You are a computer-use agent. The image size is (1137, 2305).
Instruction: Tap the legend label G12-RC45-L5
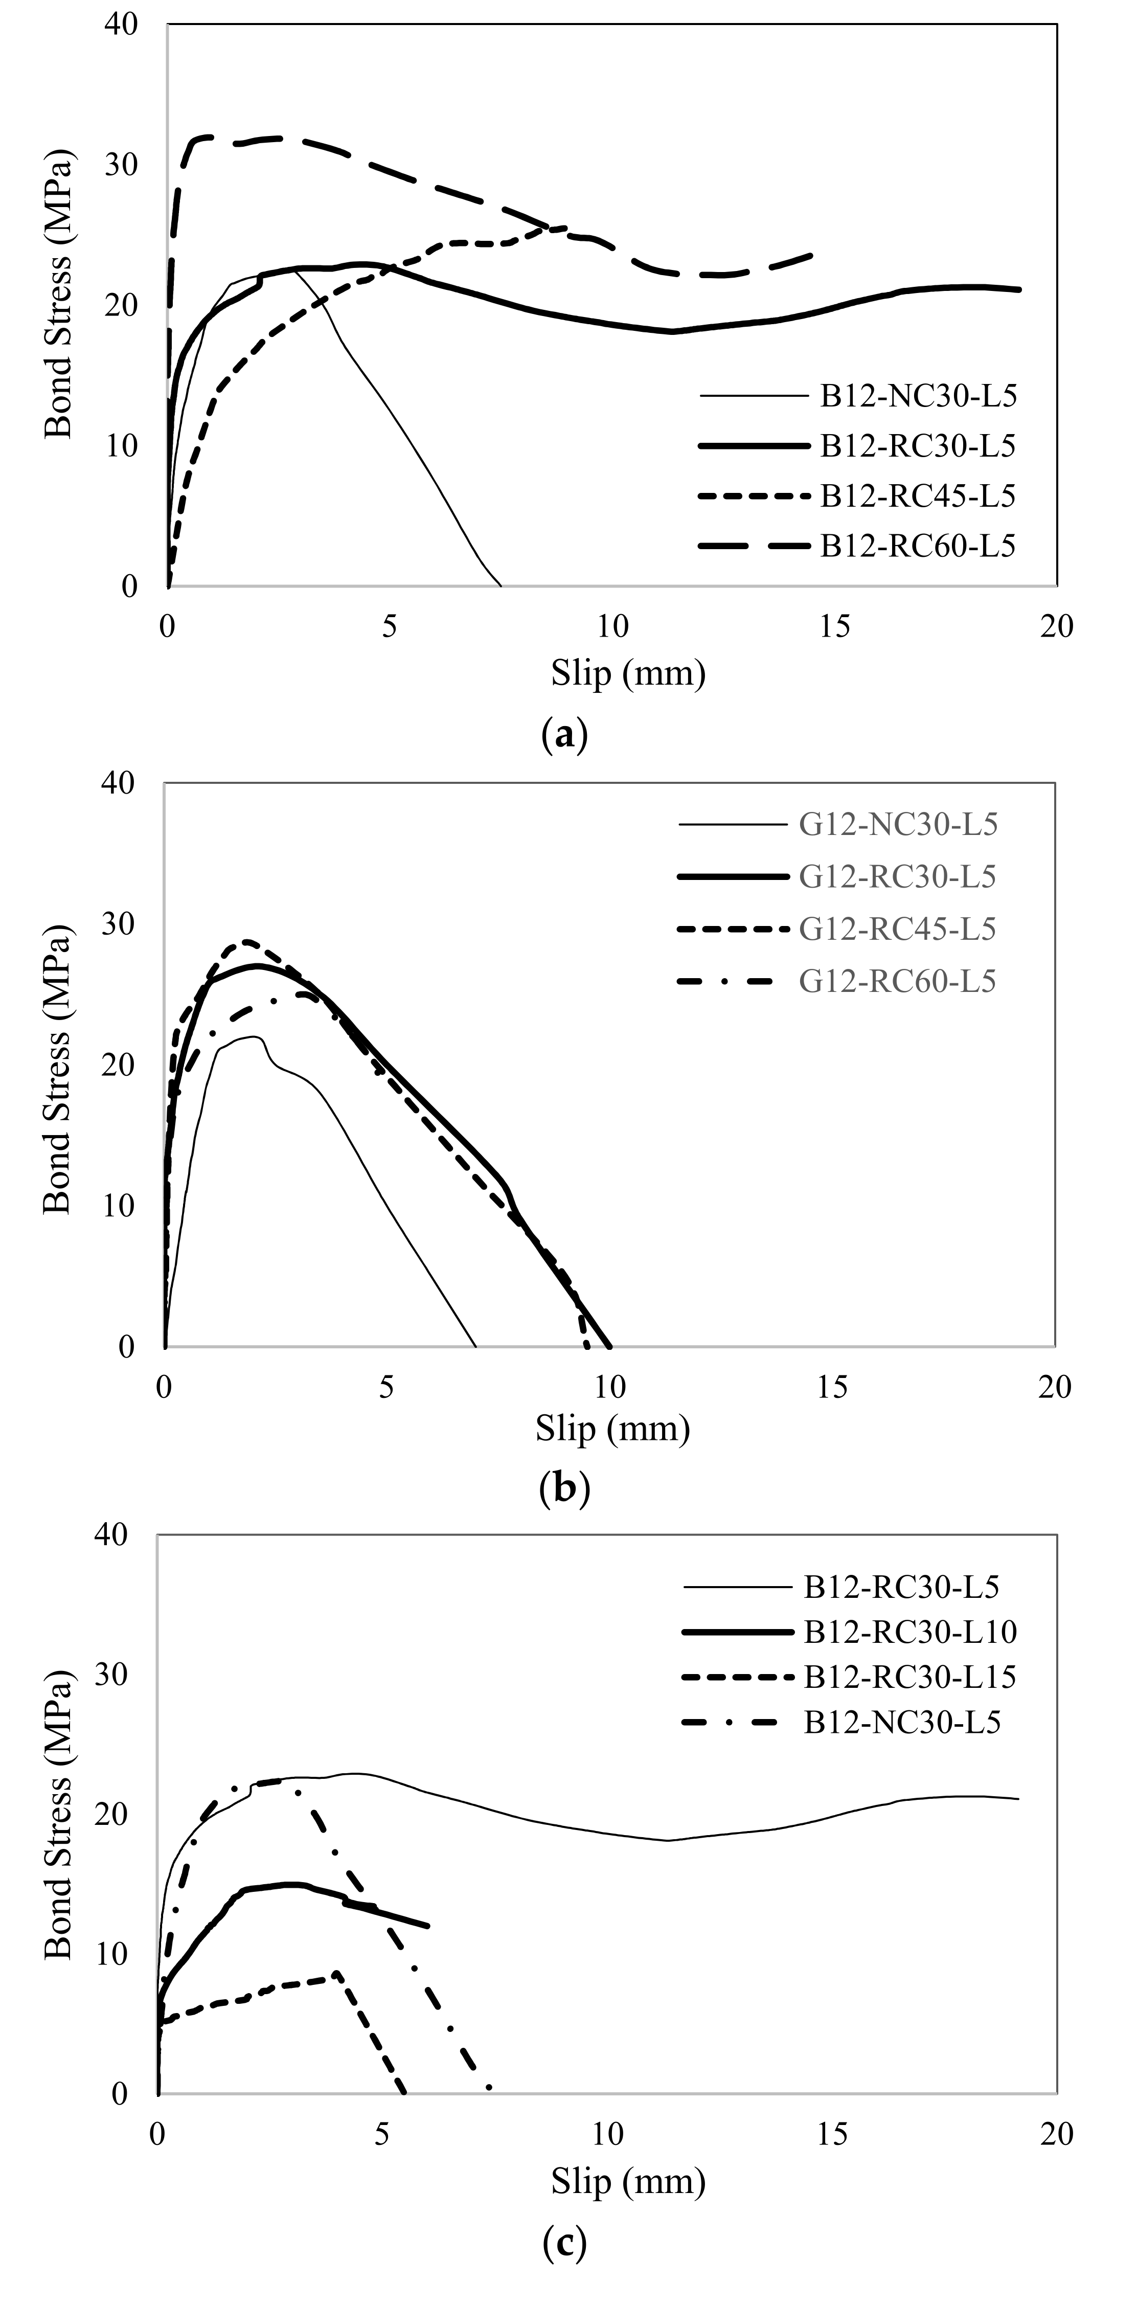[x=897, y=929]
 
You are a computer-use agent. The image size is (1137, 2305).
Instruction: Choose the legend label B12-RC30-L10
[x=910, y=1632]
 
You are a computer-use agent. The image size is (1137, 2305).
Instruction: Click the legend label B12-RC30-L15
[x=910, y=1677]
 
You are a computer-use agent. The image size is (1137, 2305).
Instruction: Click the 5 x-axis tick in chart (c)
[x=382, y=2135]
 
